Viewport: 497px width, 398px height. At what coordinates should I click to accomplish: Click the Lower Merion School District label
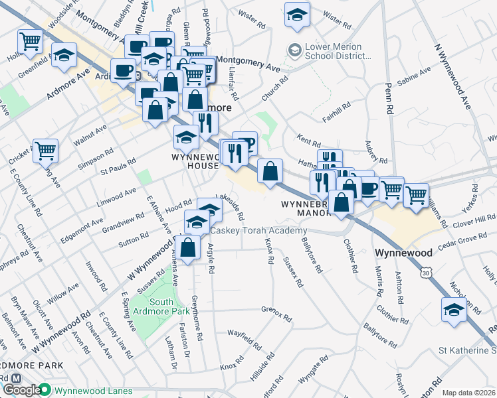333,52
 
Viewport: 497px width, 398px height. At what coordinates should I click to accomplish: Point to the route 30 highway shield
425,272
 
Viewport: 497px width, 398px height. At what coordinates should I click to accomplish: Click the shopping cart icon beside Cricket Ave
46,151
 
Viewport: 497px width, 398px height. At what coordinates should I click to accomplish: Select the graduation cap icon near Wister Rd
297,14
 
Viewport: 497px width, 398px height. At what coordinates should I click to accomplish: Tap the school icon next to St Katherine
454,309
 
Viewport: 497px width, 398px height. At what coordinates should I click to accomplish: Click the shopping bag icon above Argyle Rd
189,247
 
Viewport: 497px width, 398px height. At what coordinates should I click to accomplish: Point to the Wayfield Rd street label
244,338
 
